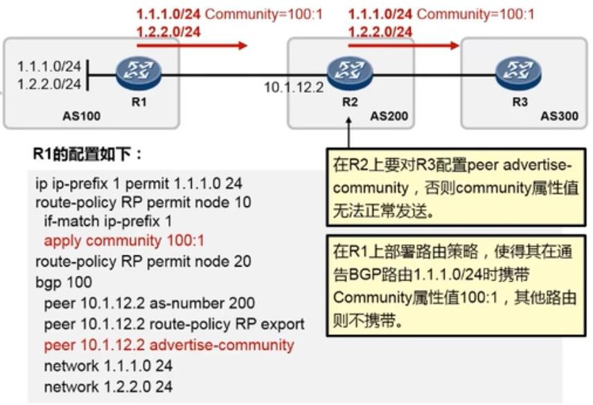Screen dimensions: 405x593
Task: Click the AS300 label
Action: (x=559, y=116)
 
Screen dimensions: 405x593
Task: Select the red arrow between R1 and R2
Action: (x=192, y=46)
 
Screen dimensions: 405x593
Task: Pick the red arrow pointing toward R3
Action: (x=403, y=46)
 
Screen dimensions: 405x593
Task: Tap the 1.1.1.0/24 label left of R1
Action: (x=49, y=67)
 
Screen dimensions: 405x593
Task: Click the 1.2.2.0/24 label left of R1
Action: (x=49, y=84)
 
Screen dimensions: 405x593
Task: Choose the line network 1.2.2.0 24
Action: (x=108, y=386)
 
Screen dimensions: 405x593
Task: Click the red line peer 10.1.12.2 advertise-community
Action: (x=169, y=345)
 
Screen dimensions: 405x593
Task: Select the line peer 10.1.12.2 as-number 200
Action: (x=149, y=303)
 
